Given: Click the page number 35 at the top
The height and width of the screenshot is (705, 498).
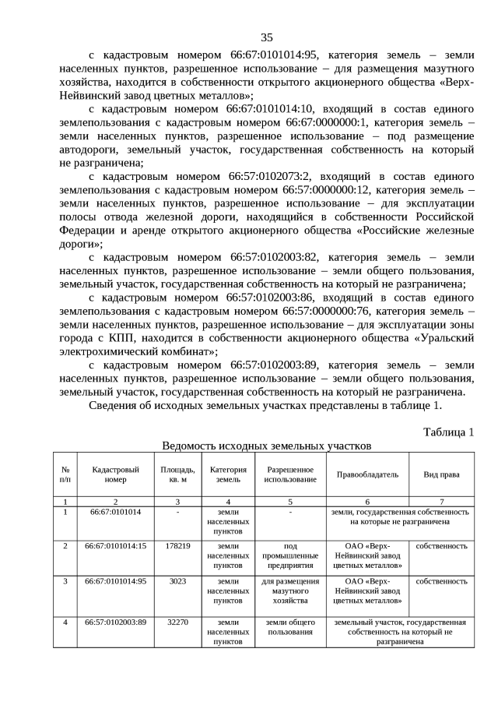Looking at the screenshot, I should pyautogui.click(x=266, y=37).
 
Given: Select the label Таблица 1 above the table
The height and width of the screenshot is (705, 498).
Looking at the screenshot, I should pyautogui.click(x=448, y=432).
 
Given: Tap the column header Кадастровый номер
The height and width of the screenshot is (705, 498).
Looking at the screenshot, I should pyautogui.click(x=115, y=474).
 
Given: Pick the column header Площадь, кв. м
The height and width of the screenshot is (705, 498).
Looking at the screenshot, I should pyautogui.click(x=177, y=474).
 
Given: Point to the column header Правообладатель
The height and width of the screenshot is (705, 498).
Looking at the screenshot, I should pyautogui.click(x=367, y=474).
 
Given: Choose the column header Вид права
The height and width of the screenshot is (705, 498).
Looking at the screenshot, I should pyautogui.click(x=441, y=474).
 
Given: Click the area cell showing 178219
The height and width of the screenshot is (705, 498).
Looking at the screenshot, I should pyautogui.click(x=177, y=546).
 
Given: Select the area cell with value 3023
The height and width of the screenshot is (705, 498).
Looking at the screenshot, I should pyautogui.click(x=177, y=581).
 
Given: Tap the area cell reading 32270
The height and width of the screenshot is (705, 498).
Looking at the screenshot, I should pyautogui.click(x=177, y=622).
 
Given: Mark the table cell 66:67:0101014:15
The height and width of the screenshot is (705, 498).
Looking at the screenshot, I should pyautogui.click(x=115, y=546).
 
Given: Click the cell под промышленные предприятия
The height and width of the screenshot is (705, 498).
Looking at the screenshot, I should pyautogui.click(x=290, y=556).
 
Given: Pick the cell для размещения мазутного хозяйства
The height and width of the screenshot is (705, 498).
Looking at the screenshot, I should pyautogui.click(x=290, y=591).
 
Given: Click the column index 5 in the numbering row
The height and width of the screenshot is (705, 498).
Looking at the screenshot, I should pyautogui.click(x=290, y=502).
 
